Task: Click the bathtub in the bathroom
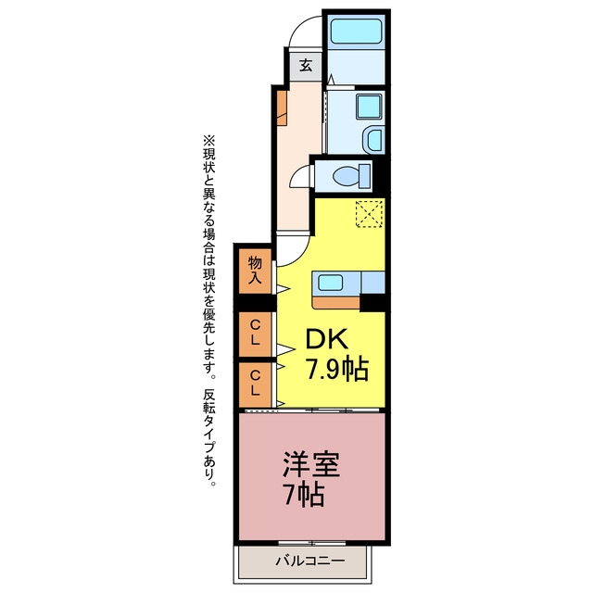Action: [356, 31]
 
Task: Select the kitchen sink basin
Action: [330, 283]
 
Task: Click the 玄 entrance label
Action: [306, 66]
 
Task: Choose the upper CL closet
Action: [256, 334]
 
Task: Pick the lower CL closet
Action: [256, 384]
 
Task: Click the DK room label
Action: [326, 339]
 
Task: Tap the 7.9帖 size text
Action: [336, 370]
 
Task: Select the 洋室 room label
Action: [311, 464]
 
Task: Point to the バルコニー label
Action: [309, 560]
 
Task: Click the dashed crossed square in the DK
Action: [370, 214]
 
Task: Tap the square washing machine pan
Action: [369, 106]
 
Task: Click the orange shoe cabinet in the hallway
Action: [282, 107]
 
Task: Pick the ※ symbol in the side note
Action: [209, 141]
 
